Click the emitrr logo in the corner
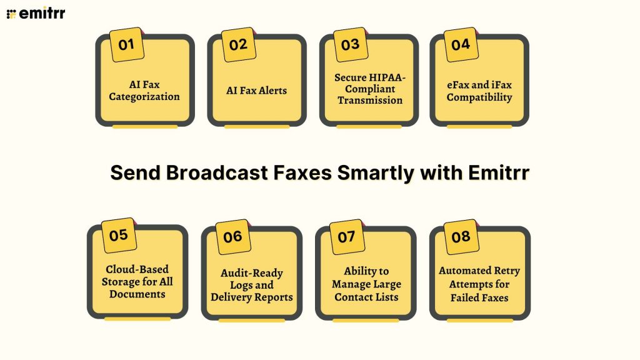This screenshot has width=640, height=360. tap(36, 13)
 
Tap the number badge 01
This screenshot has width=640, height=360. tap(127, 44)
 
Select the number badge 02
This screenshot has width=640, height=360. tap(239, 44)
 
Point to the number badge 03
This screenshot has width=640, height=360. tap(351, 44)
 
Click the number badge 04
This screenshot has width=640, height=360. tap(461, 44)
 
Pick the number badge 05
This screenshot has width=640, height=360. tap(119, 236)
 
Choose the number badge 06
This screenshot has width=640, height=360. tap(232, 237)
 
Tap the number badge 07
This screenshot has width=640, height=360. tap(347, 237)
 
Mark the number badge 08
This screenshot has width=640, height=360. tap(461, 237)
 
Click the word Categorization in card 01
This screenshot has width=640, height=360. tap(144, 97)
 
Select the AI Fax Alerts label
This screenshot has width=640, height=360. tap(256, 91)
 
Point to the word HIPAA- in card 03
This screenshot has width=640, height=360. tap(387, 77)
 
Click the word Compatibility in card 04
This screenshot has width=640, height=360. tap(479, 97)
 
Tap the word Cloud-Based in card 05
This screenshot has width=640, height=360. tap(137, 269)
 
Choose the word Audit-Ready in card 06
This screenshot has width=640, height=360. tap(252, 273)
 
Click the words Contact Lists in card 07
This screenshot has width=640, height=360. tap(366, 297)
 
